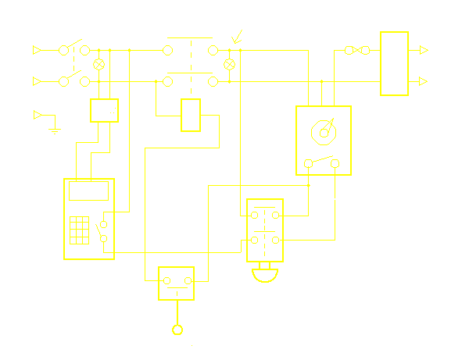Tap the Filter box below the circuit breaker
tap(104, 110)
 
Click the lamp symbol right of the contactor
tap(230, 64)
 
